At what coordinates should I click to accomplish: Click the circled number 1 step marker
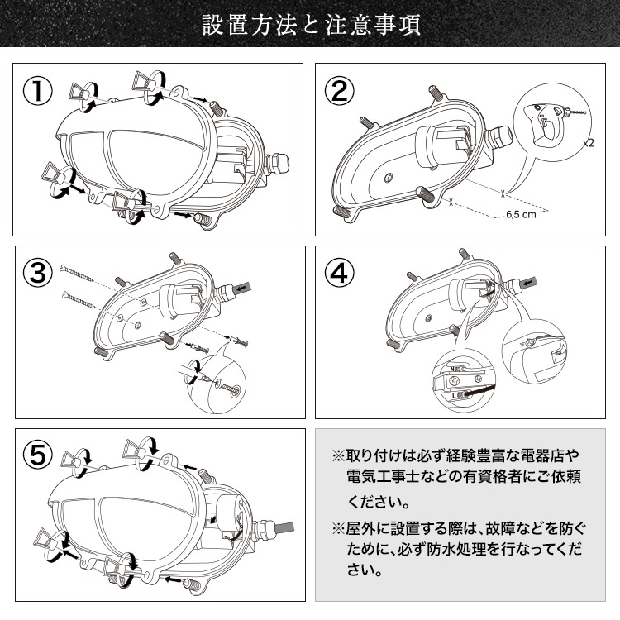[x=37, y=91]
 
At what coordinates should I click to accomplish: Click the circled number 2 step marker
[x=339, y=91]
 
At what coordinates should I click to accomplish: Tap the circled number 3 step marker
[x=37, y=274]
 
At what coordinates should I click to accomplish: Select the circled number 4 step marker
[x=339, y=274]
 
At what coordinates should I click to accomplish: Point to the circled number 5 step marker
[x=37, y=455]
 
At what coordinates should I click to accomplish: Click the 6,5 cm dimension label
[x=521, y=215]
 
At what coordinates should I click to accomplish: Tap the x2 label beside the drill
[x=589, y=143]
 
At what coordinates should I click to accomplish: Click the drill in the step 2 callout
[x=554, y=122]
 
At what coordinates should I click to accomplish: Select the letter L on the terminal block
[x=454, y=395]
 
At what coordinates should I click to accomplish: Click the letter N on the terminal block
[x=453, y=369]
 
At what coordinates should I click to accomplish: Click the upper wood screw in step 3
[x=77, y=274]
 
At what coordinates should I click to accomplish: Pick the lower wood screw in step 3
[x=79, y=299]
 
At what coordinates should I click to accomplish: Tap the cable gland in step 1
[x=278, y=164]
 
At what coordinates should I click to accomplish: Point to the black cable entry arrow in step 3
[x=242, y=288]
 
